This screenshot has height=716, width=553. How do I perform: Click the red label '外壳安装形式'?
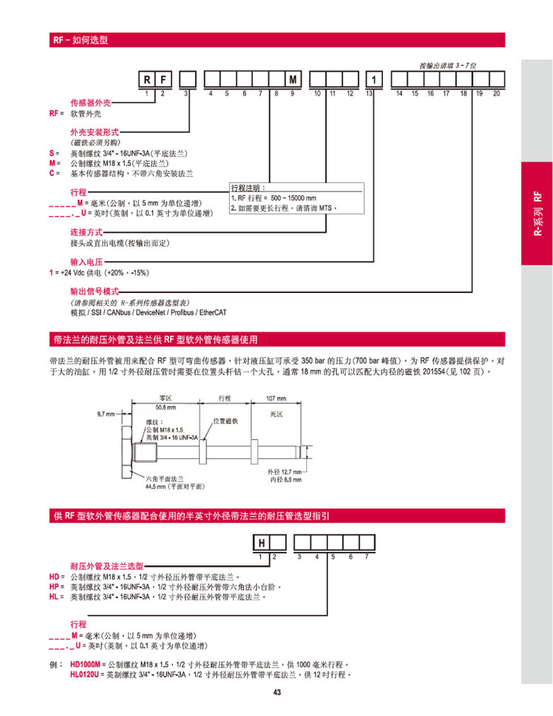[x=94, y=133]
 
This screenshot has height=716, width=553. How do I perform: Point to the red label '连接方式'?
[x=86, y=232]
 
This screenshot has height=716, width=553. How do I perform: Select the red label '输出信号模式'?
[x=94, y=292]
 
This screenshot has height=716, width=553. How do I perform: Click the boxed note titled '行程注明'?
[x=297, y=198]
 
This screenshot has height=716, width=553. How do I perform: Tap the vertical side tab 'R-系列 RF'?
[x=537, y=213]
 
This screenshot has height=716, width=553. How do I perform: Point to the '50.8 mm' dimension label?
[x=165, y=407]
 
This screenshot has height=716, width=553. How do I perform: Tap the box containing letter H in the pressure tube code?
[x=262, y=544]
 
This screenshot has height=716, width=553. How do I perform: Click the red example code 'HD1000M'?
[x=85, y=665]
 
